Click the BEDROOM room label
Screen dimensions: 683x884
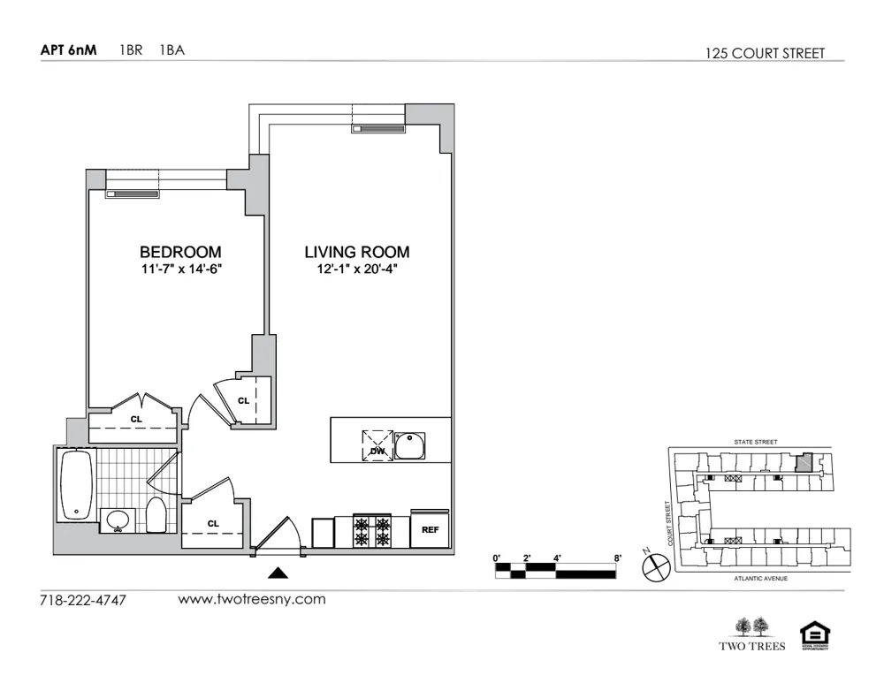(x=180, y=252)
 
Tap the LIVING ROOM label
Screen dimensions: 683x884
(x=357, y=252)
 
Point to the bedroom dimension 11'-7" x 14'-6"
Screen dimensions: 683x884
(x=180, y=269)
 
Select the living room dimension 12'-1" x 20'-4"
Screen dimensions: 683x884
(x=357, y=269)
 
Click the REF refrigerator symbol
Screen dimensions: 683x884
(x=431, y=530)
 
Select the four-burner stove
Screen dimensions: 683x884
(x=372, y=530)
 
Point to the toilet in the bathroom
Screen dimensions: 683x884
(x=156, y=515)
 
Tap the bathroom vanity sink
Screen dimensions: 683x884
(x=117, y=521)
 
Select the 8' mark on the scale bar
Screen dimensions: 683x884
(x=618, y=558)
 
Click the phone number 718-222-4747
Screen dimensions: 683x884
(x=83, y=601)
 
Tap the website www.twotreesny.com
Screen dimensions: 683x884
(x=252, y=599)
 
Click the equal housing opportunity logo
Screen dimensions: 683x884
(x=814, y=634)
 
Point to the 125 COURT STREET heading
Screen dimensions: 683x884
(x=765, y=53)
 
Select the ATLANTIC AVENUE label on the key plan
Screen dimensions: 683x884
(x=760, y=579)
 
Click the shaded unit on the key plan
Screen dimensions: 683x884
(x=804, y=463)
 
